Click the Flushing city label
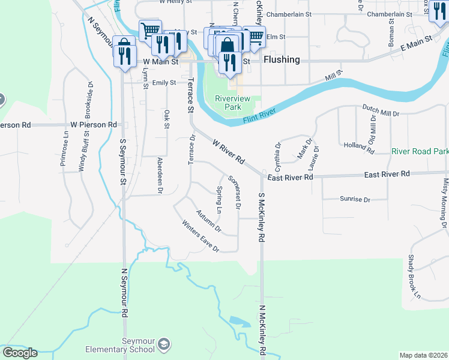point(282,59)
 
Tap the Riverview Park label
point(228,103)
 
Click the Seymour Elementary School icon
point(163,345)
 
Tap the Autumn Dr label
point(209,221)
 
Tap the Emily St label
point(164,83)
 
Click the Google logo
point(19,353)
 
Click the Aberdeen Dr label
point(160,175)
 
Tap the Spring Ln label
point(219,200)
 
